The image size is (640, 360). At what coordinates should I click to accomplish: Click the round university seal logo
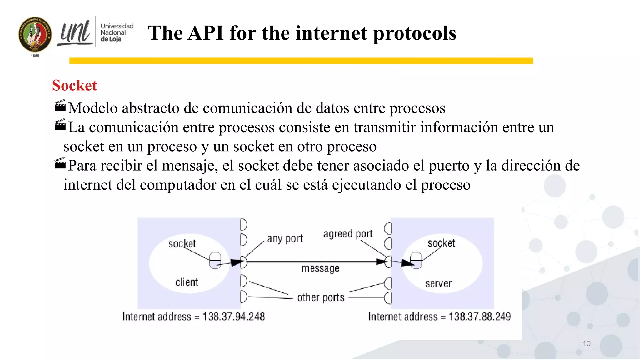coord(35,34)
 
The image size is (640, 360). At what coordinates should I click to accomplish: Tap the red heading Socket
coord(74,85)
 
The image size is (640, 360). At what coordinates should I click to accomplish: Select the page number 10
coord(586,344)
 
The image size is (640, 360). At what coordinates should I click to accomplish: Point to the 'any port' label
coord(285,239)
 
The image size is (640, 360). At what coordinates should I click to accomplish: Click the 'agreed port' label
coord(348,234)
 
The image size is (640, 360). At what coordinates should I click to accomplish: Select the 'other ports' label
coord(321,297)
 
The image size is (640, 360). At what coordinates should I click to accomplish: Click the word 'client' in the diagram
coord(187,282)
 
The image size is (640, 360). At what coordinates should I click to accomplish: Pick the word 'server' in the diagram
coord(438,283)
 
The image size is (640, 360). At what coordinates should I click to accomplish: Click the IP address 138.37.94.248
coord(233,317)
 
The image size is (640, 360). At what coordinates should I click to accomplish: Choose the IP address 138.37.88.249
coord(480,317)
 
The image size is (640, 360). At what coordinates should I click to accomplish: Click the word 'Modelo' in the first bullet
coord(93,108)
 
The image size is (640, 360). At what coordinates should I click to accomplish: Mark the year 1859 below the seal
coord(35,56)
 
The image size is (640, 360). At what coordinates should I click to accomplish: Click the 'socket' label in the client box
coord(182,244)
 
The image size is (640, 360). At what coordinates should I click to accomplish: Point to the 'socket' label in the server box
coord(441,243)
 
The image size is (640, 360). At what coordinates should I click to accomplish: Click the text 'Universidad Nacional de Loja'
coord(117,32)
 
